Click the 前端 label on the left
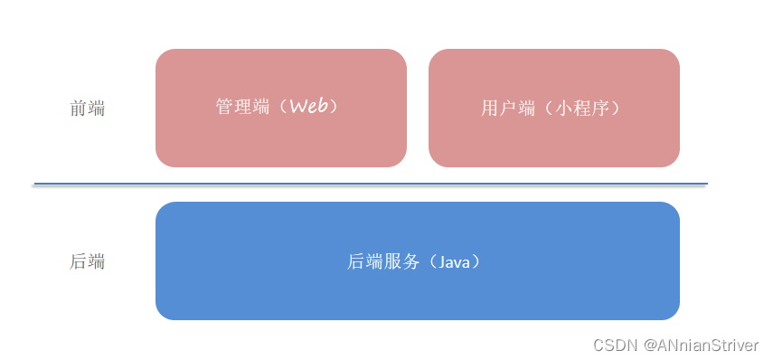click(x=88, y=109)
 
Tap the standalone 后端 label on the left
click(x=88, y=262)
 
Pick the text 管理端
click(x=242, y=107)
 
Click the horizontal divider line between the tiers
click(x=370, y=184)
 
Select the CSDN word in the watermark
click(x=613, y=345)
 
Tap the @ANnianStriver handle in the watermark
click(x=699, y=345)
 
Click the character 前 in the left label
click(x=79, y=109)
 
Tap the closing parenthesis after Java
click(x=476, y=262)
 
